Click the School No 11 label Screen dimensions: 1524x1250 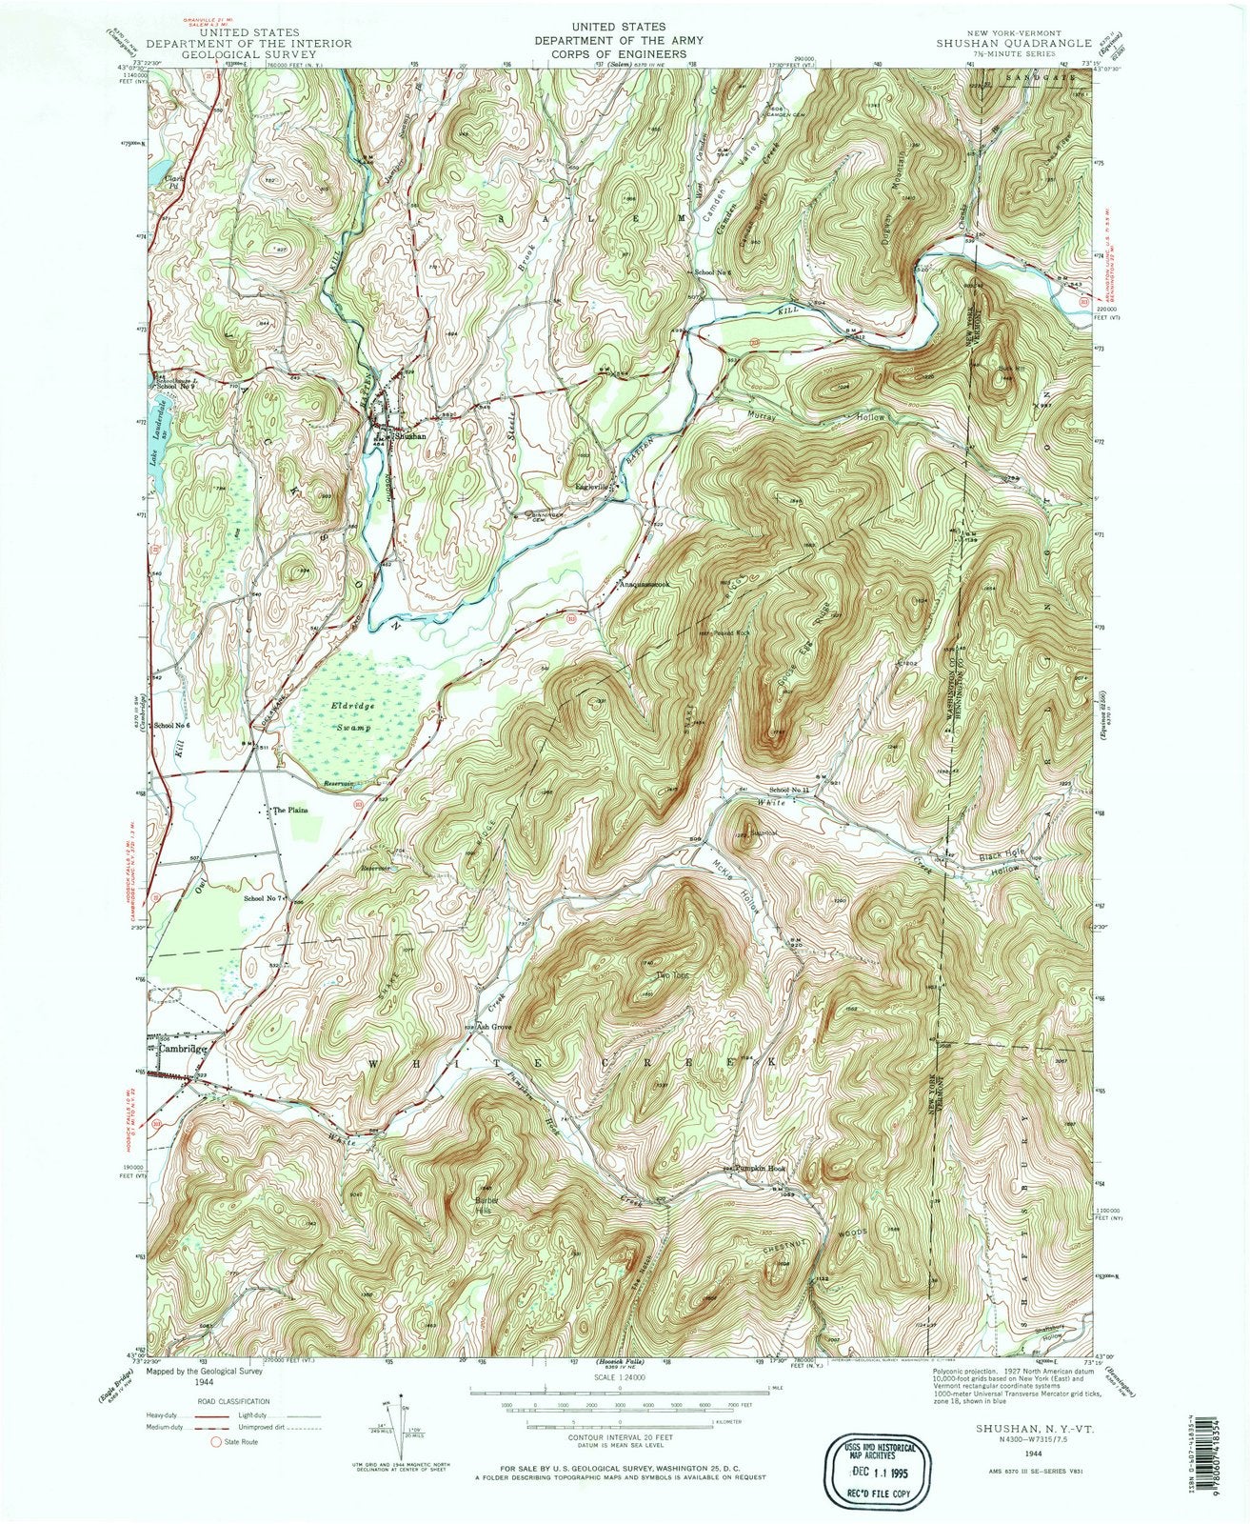pos(790,791)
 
